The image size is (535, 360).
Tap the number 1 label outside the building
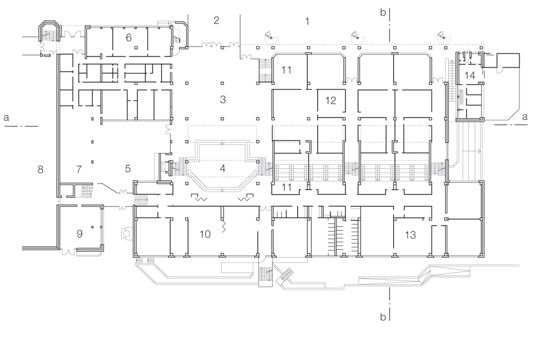coord(307,21)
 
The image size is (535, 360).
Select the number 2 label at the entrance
coord(216,21)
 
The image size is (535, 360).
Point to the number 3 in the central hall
coord(223,99)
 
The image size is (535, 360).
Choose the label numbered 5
coord(128,169)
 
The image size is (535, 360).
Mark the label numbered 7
coord(79,170)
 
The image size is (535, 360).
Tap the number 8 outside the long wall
coord(40,170)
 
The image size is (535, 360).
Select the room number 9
coord(80,233)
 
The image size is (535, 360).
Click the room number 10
coord(205,234)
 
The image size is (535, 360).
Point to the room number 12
coord(330,100)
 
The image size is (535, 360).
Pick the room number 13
coord(410,234)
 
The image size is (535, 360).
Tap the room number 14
coord(470,75)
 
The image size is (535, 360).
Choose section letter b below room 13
coord(383,317)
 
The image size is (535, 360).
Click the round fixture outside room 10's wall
coord(126,233)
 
